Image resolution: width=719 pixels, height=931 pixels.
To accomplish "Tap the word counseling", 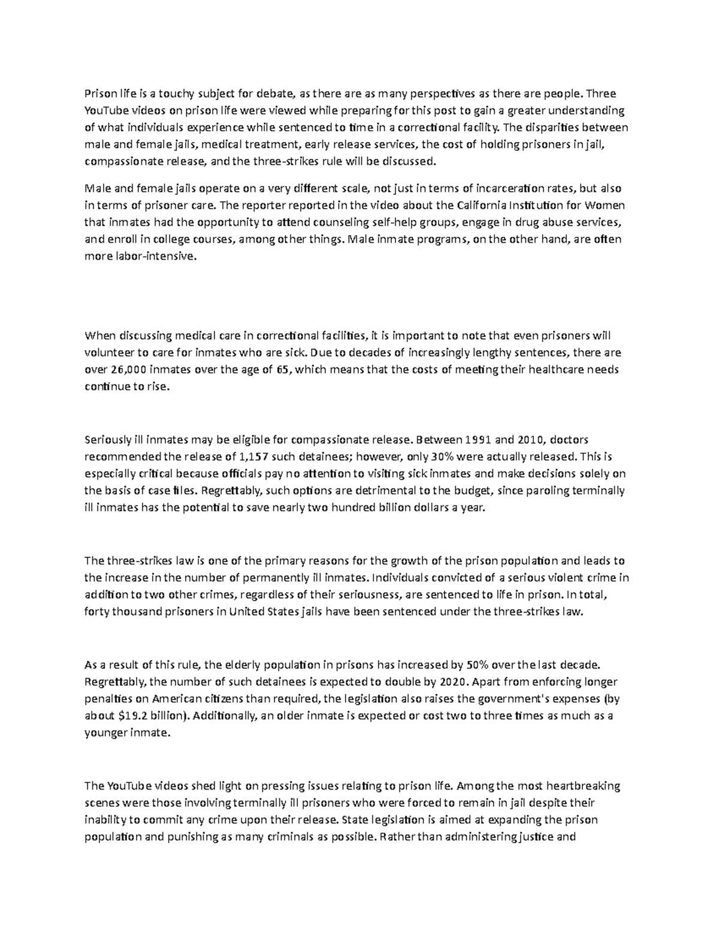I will pyautogui.click(x=331, y=222).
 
